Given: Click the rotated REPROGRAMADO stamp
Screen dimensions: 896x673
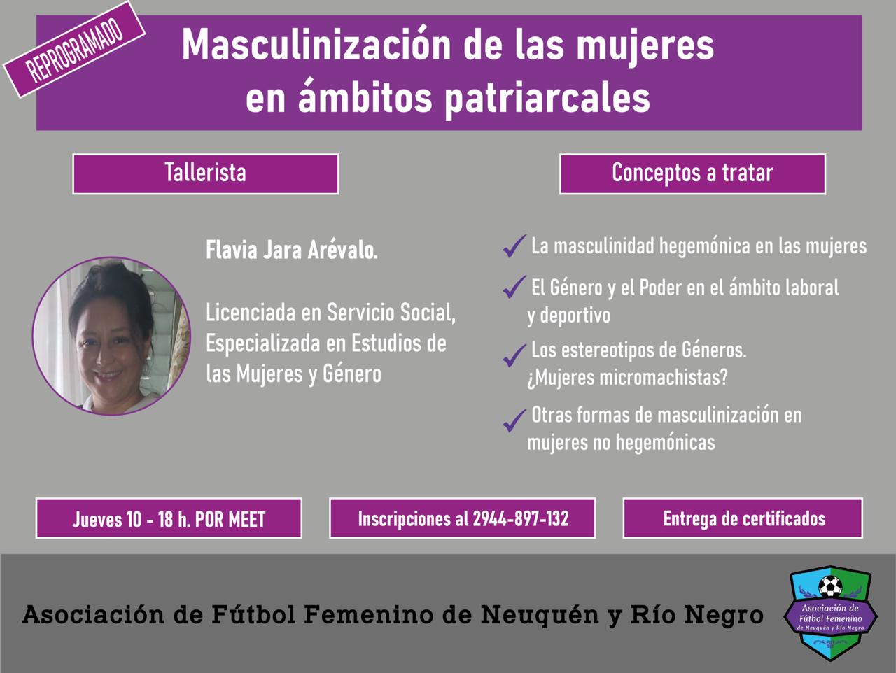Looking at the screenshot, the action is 74,50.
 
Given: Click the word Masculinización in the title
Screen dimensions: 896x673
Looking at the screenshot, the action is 316,45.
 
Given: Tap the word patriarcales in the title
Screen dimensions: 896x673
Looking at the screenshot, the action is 547,99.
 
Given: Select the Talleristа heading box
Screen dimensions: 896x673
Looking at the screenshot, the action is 206,173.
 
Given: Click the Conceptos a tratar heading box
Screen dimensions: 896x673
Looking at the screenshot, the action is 693,173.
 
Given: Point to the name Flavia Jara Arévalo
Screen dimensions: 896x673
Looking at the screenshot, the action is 291,250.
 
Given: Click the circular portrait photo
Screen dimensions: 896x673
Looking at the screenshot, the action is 111,336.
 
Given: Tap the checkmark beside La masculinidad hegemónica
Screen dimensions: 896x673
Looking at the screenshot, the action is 514,246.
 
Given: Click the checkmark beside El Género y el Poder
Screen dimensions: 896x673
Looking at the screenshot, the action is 514,287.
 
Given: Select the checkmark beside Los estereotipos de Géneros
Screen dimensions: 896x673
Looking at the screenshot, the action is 514,355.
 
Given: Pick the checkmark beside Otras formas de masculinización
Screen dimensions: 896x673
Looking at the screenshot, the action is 514,420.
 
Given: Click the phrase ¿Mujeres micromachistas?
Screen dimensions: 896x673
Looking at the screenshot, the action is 627,378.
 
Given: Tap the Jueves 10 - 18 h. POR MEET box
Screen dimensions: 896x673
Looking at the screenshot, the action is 169,518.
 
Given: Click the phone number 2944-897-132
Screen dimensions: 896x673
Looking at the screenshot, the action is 521,519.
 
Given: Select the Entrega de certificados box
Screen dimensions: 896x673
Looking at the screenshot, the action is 743,518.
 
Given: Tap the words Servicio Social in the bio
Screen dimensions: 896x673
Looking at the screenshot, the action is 391,313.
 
